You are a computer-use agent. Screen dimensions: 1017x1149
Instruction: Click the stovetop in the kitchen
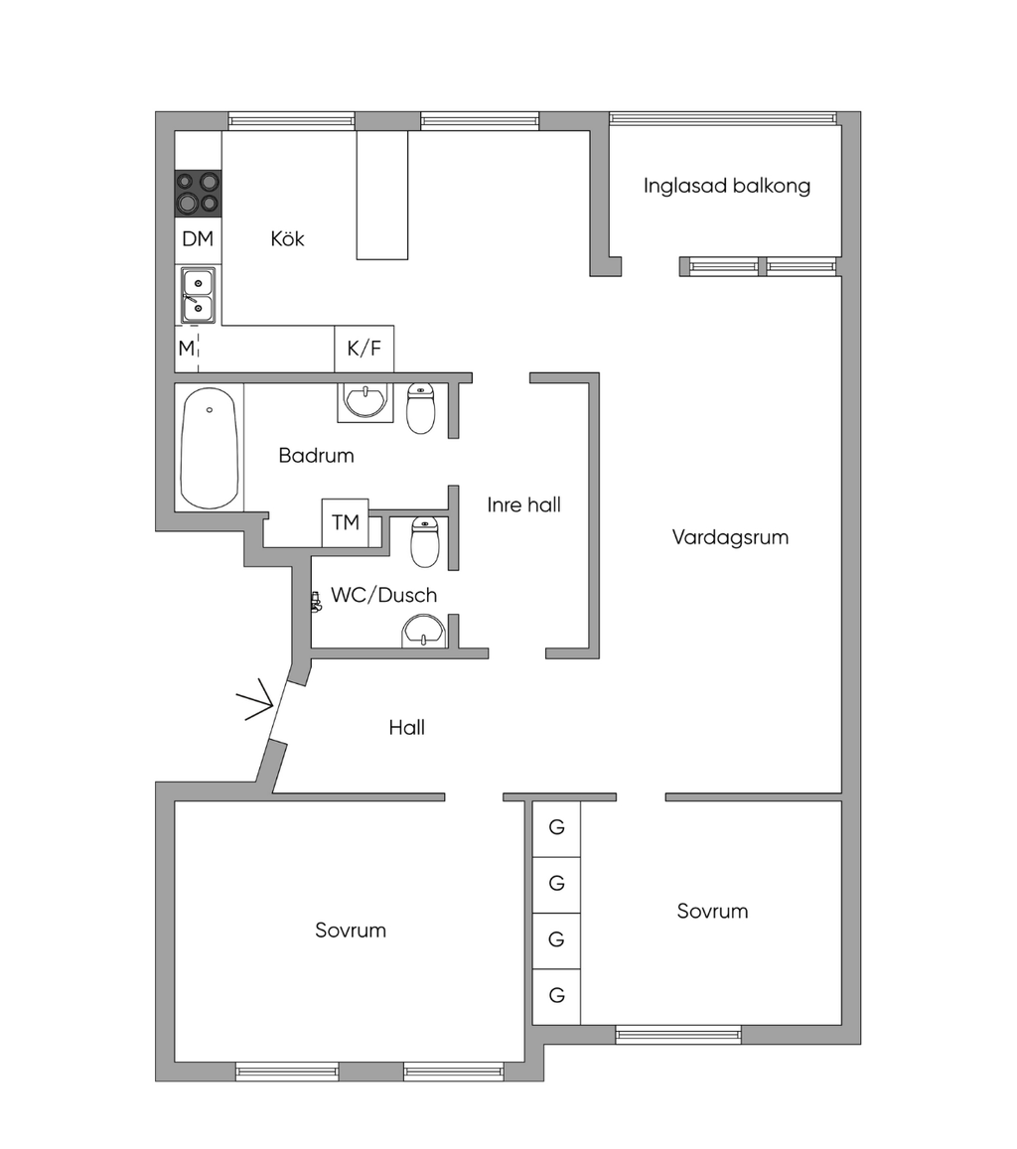coord(198,194)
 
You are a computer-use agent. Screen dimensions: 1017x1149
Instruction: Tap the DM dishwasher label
coord(198,239)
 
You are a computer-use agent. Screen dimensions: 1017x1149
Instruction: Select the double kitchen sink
coord(198,295)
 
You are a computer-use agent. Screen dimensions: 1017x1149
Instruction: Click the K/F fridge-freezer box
coord(364,349)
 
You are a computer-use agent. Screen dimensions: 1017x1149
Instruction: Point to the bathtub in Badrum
coord(210,448)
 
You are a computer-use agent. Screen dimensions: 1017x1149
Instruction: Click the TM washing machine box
coord(345,522)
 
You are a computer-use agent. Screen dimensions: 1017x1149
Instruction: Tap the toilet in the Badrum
coord(421,407)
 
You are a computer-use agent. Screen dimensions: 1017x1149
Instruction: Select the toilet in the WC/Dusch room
coord(425,541)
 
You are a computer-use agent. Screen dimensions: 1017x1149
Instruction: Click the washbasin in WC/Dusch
coord(423,632)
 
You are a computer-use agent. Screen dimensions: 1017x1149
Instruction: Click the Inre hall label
coord(523,504)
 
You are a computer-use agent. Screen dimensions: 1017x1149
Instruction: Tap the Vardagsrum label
coord(731,537)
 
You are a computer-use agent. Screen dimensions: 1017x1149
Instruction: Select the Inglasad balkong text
coord(727,186)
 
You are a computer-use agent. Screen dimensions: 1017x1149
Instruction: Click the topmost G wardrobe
coord(557,828)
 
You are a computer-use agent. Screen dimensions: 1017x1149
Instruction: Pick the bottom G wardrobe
coord(557,996)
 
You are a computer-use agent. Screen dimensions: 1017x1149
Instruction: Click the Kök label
coord(287,239)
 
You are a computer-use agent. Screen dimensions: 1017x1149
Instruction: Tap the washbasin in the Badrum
coord(365,401)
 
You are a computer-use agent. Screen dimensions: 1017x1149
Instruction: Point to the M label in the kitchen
coord(187,348)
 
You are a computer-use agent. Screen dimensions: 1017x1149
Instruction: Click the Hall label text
coord(406,728)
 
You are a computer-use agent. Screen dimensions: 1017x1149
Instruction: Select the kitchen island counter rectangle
coord(382,195)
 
